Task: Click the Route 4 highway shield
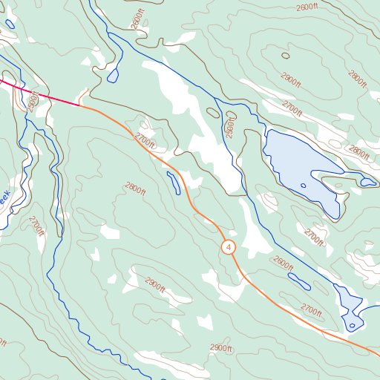[x=229, y=246]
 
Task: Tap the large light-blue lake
[x=297, y=167]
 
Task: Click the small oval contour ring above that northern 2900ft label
[x=285, y=55]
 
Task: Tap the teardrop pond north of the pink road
[x=114, y=75]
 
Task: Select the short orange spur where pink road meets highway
[x=84, y=95]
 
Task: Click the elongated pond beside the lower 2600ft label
[x=299, y=281]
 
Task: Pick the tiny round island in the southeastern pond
[x=352, y=324]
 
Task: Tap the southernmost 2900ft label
[x=221, y=348]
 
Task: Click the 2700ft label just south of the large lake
[x=314, y=237]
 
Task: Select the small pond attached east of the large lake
[x=368, y=182]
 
